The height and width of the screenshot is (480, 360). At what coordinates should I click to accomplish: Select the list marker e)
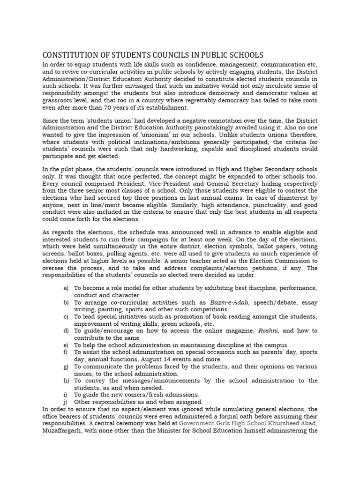coord(66,345)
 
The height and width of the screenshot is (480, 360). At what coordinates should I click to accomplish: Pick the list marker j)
coord(66,402)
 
